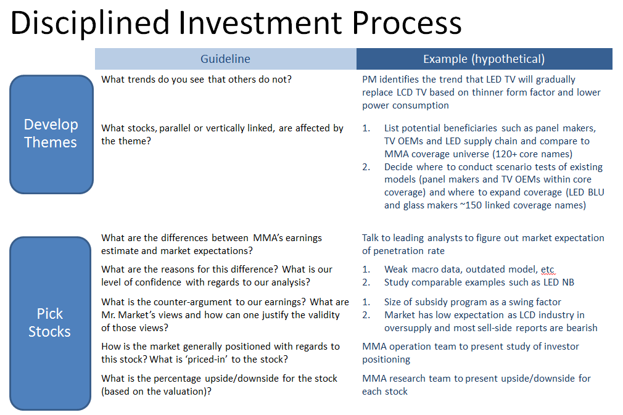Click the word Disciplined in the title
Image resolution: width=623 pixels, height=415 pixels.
90,23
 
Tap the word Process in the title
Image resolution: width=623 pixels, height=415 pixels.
407,23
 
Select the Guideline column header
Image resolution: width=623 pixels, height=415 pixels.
225,59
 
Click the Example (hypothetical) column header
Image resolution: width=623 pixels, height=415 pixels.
484,59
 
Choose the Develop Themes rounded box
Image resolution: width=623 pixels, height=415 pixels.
51,134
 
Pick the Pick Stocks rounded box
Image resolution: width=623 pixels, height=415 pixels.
50,323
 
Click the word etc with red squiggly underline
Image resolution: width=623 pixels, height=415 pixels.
548,269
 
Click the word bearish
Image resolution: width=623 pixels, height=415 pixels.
582,328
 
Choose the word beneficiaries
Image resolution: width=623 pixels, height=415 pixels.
471,128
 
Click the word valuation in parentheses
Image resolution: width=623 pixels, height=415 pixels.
186,392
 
